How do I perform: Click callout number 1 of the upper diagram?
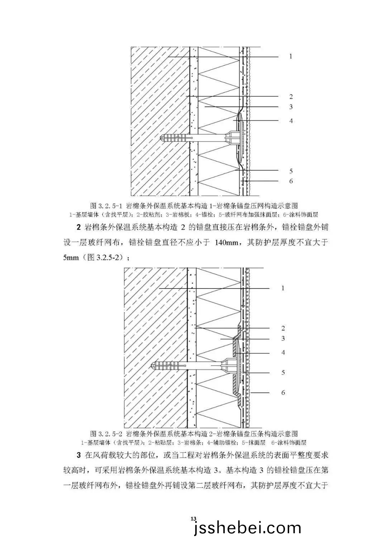tap(291, 57)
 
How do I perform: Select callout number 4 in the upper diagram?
tap(291, 121)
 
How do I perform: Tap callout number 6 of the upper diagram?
tap(291, 181)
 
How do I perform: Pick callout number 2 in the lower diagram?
tap(283, 328)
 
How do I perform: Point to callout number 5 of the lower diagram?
tap(283, 373)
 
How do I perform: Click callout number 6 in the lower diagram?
tap(283, 393)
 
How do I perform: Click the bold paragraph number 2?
tap(78, 228)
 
